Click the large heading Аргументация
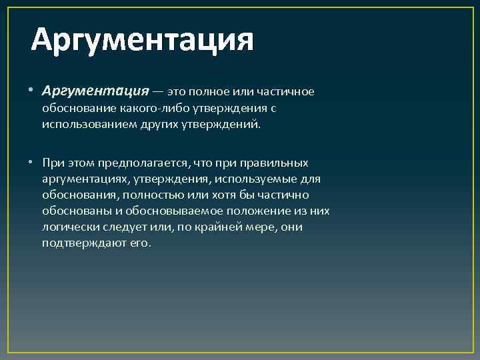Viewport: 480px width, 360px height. coord(143,41)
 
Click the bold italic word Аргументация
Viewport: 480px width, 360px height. coord(95,91)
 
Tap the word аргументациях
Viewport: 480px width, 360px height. coord(85,179)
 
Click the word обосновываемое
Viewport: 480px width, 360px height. coord(173,211)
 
